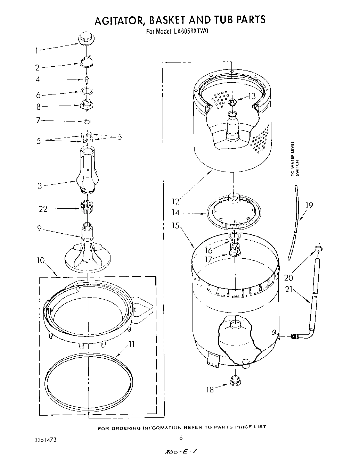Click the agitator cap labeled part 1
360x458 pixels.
[x=85, y=38]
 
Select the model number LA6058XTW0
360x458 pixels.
[x=191, y=31]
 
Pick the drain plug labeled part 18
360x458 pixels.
[x=235, y=381]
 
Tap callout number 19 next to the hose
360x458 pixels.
[x=309, y=206]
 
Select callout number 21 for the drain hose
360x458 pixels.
[x=289, y=289]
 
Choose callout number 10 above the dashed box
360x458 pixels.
[x=41, y=260]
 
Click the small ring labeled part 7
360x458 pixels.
[x=87, y=122]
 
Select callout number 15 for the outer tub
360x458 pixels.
[x=175, y=226]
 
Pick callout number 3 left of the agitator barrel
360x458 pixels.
[x=40, y=186]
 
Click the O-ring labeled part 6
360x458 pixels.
[x=87, y=91]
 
